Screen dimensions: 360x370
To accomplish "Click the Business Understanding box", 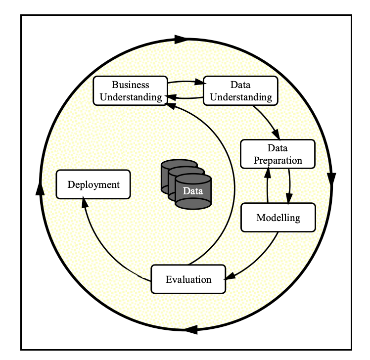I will click(x=130, y=90).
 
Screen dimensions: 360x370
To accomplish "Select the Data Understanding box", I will click(x=240, y=90).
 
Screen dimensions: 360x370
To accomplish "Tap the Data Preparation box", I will click(x=277, y=154).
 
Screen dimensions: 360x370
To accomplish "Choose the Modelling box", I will click(x=278, y=217).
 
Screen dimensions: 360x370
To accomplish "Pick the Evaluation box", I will click(x=188, y=279).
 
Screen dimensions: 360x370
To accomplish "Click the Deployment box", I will click(x=93, y=184).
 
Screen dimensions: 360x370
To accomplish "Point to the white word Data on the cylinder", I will click(x=192, y=191).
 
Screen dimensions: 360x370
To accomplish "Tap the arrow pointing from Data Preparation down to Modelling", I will click(x=289, y=185).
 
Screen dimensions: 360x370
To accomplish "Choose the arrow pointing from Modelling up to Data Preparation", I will click(x=267, y=185).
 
